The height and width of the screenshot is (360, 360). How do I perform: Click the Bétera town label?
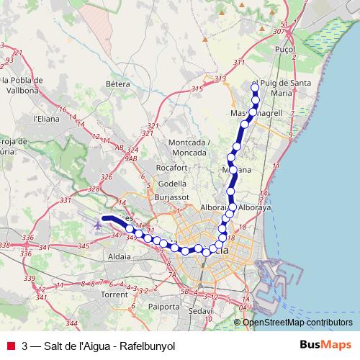point(117,84)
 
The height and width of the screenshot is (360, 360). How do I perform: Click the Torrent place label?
point(115,295)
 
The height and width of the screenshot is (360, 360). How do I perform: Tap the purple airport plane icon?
point(98,225)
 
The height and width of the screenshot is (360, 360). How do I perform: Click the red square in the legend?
point(11,346)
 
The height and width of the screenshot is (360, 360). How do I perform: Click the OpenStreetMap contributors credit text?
point(298,322)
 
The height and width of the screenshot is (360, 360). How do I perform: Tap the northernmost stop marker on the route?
point(255,88)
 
